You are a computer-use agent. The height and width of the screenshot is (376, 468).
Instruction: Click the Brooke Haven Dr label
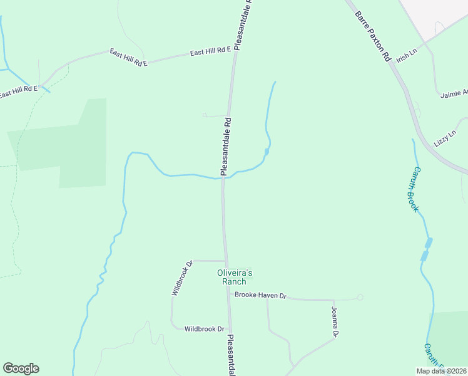tap(260, 295)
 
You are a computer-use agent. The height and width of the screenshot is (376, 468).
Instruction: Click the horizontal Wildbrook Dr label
tap(204, 328)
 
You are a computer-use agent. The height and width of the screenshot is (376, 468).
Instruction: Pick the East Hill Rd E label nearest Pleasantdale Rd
tap(211, 52)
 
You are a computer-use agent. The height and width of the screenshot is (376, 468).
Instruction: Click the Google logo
tap(21, 368)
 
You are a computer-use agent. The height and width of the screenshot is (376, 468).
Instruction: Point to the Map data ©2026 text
tap(441, 371)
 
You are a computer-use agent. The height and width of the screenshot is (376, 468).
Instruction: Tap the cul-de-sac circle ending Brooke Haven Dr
tap(360, 297)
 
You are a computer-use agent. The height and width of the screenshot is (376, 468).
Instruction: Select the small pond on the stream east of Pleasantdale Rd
tap(267, 152)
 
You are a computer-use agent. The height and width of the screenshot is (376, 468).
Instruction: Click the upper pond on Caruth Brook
tap(429, 243)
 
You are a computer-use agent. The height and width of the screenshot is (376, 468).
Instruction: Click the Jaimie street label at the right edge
tap(454, 93)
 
